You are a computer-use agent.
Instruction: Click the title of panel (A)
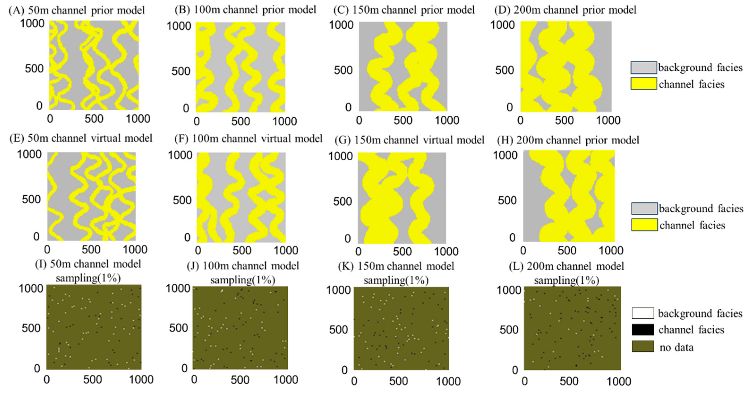(77, 10)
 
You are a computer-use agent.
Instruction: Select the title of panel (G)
(409, 140)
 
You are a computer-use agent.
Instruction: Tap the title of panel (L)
(566, 273)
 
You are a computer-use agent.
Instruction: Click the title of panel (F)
(249, 139)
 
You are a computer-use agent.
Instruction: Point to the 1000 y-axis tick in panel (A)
(32, 23)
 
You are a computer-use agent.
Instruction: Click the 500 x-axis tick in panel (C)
(403, 120)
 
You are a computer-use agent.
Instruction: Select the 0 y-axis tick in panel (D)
(509, 107)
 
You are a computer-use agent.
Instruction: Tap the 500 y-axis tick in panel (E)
(31, 199)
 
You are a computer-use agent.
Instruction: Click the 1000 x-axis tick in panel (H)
(611, 250)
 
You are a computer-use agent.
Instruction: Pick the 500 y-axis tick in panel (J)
(178, 328)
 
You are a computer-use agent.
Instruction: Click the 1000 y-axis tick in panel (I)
(31, 288)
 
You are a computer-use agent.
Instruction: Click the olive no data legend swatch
(643, 346)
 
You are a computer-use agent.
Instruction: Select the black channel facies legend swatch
(643, 330)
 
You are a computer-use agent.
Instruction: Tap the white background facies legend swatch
(643, 313)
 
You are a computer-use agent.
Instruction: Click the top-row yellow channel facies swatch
(643, 84)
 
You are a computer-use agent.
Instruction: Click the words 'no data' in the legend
(676, 347)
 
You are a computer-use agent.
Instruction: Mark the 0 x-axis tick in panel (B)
(197, 121)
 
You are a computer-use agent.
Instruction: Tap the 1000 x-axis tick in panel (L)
(619, 381)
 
